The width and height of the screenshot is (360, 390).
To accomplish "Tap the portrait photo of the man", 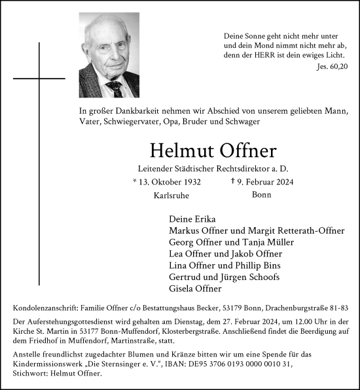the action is pos(109,56).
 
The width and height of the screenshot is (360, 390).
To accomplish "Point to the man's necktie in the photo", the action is pos(116,88).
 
